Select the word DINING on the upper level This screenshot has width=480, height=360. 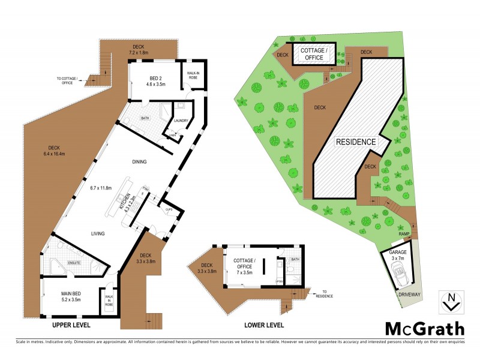(140, 161)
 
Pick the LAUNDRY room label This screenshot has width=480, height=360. (181, 121)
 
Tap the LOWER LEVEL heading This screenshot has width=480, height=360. (264, 325)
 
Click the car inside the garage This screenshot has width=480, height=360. (399, 275)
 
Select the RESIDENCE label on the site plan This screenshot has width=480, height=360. (355, 142)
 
